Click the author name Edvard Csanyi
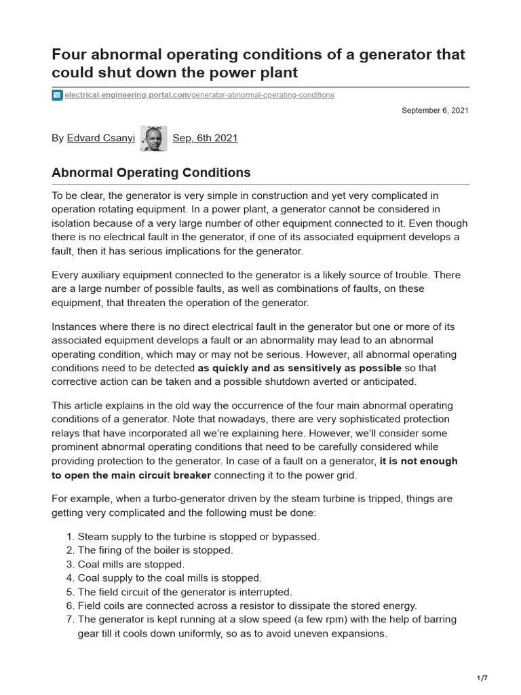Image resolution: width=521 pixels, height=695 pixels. coord(100,138)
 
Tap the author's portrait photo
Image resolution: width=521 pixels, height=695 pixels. coord(153,138)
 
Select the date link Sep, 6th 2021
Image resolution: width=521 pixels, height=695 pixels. coord(205,138)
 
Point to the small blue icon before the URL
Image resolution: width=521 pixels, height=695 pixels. coord(57,95)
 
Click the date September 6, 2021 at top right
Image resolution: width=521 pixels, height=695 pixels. coord(434,110)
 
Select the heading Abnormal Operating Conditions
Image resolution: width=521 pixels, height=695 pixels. coord(151,172)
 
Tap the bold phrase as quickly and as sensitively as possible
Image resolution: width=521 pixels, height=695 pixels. coord(299,369)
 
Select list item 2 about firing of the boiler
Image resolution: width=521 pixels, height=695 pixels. coord(155,550)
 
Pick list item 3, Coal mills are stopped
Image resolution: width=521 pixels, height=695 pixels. coord(131,564)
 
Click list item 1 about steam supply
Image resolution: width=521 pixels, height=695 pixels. coord(198,536)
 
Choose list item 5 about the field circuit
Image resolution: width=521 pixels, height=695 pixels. coord(185,592)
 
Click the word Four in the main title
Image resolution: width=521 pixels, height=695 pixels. coord(69,54)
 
